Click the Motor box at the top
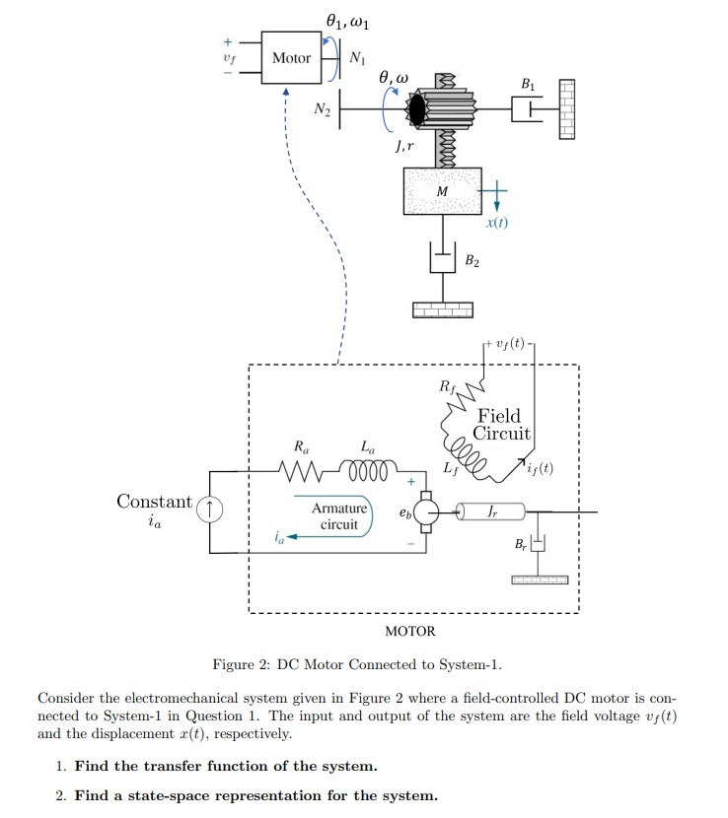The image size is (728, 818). [291, 58]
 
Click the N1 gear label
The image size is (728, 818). [357, 58]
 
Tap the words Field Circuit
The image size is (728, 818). [501, 425]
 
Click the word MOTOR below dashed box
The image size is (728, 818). [409, 631]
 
